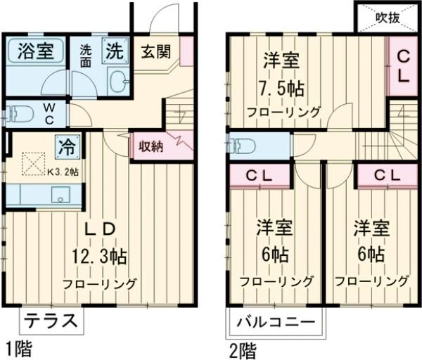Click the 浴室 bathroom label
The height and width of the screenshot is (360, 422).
[x=35, y=51]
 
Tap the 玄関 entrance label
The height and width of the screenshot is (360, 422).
[x=155, y=51]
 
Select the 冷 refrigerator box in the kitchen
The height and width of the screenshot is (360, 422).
[x=68, y=148]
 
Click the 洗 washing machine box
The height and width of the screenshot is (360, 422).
[x=115, y=51]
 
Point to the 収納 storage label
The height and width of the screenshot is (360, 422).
[x=151, y=146]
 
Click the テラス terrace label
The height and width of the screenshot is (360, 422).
[x=51, y=321]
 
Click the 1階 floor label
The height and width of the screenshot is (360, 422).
[x=18, y=348]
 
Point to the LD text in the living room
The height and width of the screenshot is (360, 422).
[x=98, y=231]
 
